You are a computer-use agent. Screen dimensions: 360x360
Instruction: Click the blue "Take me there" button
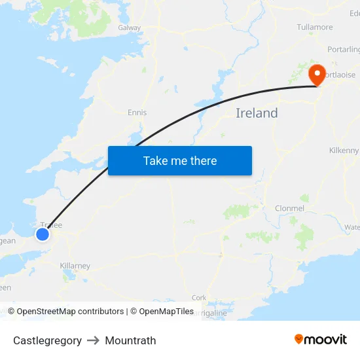coord(180,160)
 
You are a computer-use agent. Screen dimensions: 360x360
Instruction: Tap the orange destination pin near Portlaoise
coord(317,74)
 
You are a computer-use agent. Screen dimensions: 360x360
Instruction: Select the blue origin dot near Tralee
coord(43,234)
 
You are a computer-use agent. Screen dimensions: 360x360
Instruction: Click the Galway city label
coord(130,28)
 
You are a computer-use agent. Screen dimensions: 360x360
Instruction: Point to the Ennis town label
coord(137,113)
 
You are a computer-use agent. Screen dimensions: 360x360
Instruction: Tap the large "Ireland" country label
coord(257,113)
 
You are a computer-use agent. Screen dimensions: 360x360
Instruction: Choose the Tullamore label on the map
coord(315,27)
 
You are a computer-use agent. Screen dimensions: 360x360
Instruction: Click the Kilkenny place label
coord(344,151)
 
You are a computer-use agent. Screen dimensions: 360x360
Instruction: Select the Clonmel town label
coord(290,208)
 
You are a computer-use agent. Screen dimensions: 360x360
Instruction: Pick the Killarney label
coord(75,266)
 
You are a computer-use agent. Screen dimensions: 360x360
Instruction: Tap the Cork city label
coord(199,298)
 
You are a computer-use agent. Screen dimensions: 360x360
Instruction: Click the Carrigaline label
coord(211,313)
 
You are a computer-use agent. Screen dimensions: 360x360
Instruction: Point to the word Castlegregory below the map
coord(47,340)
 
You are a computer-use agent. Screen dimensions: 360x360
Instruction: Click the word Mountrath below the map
coord(130,340)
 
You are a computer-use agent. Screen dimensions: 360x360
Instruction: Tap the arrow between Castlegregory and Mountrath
coord(93,340)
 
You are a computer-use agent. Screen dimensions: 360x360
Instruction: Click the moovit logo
coord(321,340)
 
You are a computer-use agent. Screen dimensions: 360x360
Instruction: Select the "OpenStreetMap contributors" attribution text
coord(70,312)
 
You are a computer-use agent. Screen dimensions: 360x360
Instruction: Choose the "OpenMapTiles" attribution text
coord(166,312)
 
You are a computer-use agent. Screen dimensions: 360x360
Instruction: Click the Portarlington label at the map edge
coord(344,50)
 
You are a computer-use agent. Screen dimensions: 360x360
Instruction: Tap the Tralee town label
coord(51,225)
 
